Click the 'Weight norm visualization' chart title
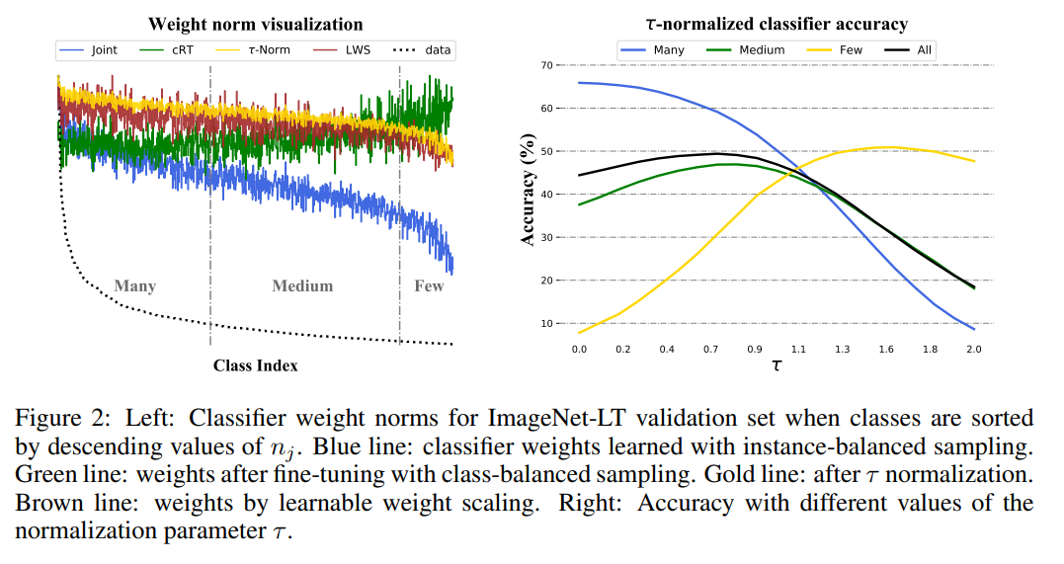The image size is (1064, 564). pyautogui.click(x=256, y=24)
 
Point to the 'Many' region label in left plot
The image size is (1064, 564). pyautogui.click(x=134, y=285)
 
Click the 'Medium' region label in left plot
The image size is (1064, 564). pyautogui.click(x=302, y=285)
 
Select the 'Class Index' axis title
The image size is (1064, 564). pyautogui.click(x=255, y=365)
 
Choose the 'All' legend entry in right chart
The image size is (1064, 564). pyautogui.click(x=924, y=49)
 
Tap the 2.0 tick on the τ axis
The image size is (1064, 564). pyautogui.click(x=973, y=349)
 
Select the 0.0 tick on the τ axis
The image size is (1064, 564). pyautogui.click(x=579, y=349)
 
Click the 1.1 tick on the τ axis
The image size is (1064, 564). pyautogui.click(x=798, y=349)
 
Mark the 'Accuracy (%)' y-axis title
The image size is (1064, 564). pyautogui.click(x=528, y=195)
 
